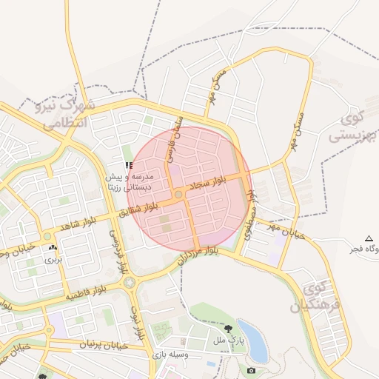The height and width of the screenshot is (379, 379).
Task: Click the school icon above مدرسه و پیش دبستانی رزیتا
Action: point(129,166)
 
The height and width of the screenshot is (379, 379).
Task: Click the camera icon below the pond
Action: point(252,369)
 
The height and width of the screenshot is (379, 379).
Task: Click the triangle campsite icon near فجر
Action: point(369,238)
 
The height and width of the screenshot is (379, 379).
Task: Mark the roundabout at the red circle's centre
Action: point(179,195)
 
